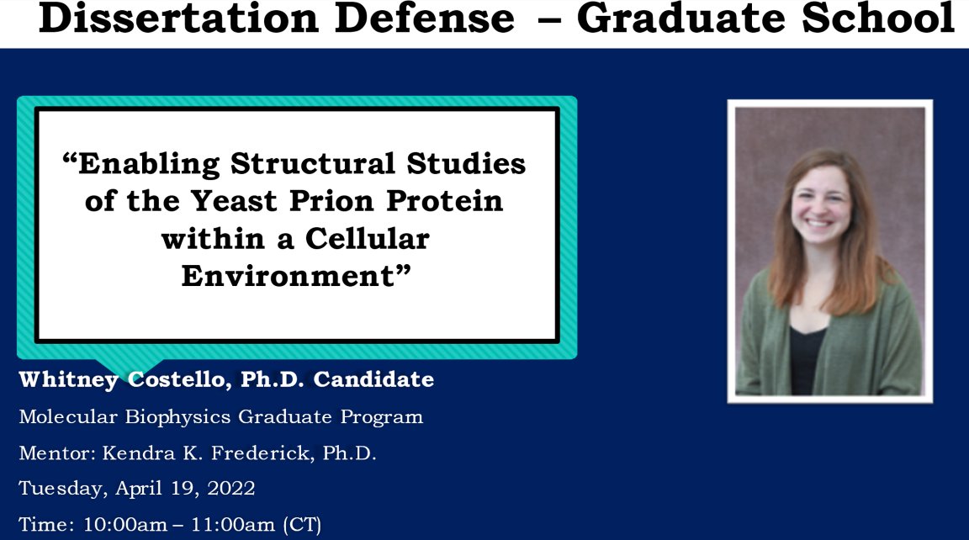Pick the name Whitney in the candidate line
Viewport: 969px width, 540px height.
coord(70,380)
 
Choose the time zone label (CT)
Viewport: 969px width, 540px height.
coord(301,526)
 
